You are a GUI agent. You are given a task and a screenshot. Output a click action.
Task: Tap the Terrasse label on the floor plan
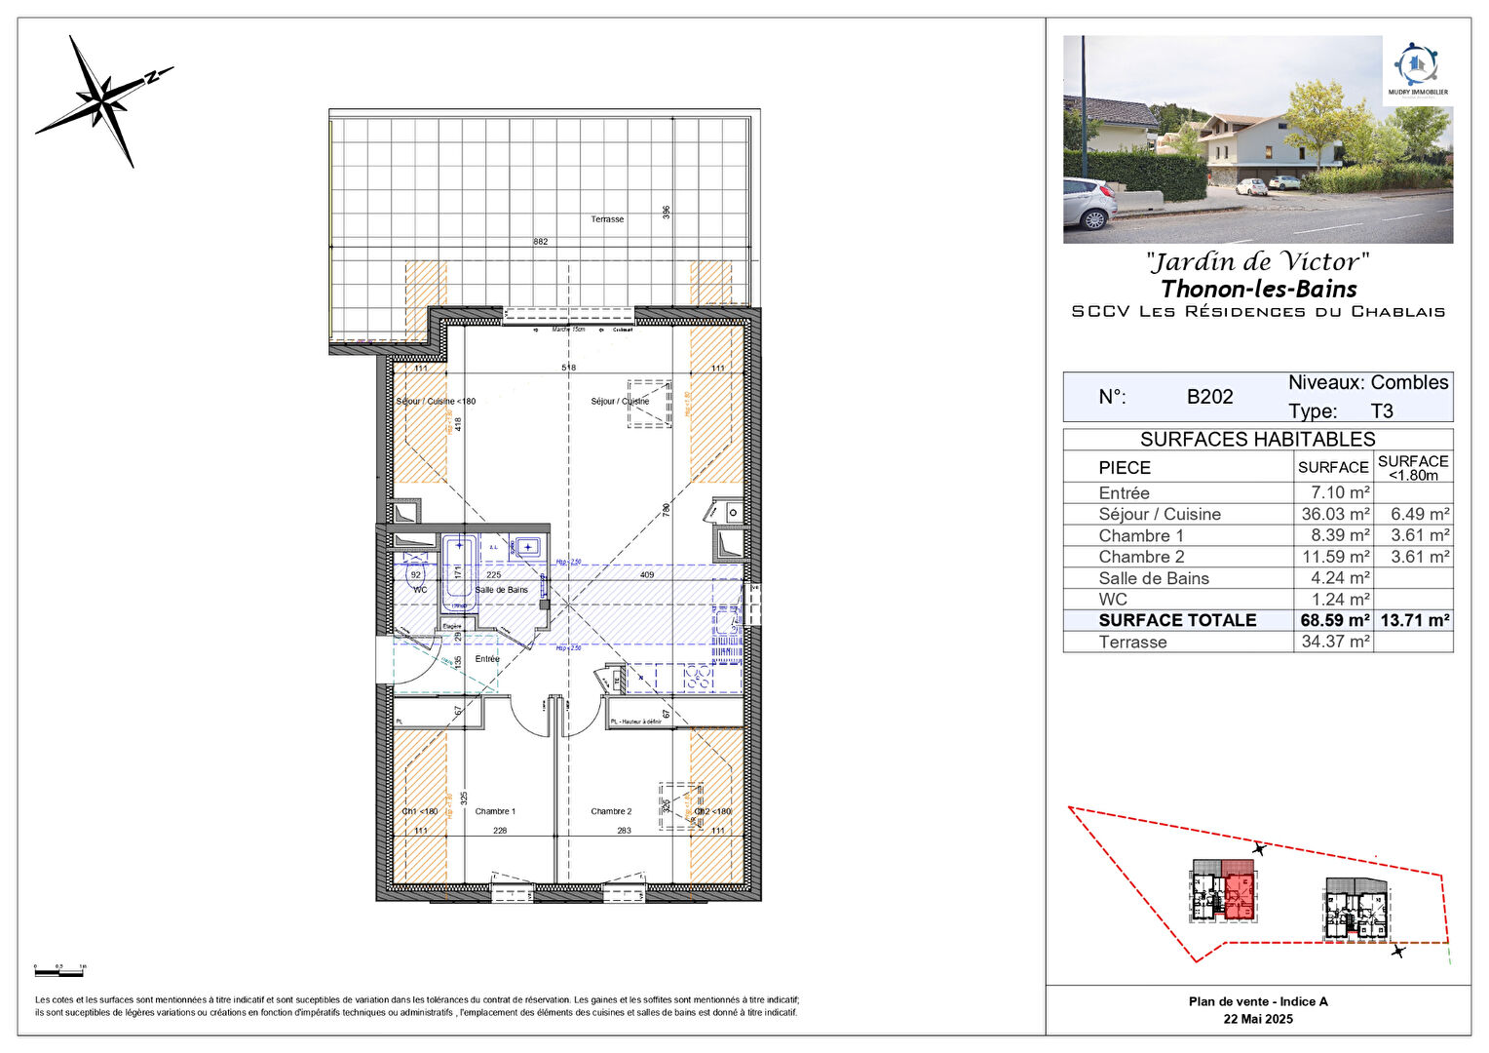pyautogui.click(x=607, y=219)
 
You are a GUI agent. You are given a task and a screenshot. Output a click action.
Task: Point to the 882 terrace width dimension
pyautogui.click(x=540, y=242)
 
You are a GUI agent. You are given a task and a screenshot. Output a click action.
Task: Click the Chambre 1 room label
pyautogui.click(x=495, y=811)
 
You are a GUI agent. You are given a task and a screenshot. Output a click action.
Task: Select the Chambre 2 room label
pyautogui.click(x=611, y=811)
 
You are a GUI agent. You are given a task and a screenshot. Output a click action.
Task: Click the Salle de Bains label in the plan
pyautogui.click(x=502, y=590)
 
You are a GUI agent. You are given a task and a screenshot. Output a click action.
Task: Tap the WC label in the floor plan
pyautogui.click(x=420, y=590)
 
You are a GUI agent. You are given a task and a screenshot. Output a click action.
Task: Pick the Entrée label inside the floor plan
pyautogui.click(x=487, y=659)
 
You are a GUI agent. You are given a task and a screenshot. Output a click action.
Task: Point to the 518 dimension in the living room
pyautogui.click(x=568, y=368)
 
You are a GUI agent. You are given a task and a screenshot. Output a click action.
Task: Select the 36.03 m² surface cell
pyautogui.click(x=1334, y=514)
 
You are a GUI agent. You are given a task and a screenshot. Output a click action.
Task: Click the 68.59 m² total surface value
pyautogui.click(x=1334, y=620)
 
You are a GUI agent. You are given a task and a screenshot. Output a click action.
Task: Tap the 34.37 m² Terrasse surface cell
pyautogui.click(x=1334, y=642)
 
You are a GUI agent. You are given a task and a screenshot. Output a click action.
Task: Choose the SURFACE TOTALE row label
pyautogui.click(x=1177, y=620)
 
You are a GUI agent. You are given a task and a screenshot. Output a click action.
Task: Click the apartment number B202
pyautogui.click(x=1209, y=397)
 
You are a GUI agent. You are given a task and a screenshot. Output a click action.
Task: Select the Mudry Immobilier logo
pyautogui.click(x=1418, y=69)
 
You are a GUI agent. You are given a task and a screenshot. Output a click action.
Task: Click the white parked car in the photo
pyautogui.click(x=1088, y=203)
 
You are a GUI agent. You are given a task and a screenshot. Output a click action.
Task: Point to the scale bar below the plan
pyautogui.click(x=59, y=972)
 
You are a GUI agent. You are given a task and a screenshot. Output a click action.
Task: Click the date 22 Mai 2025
pyautogui.click(x=1258, y=1019)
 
